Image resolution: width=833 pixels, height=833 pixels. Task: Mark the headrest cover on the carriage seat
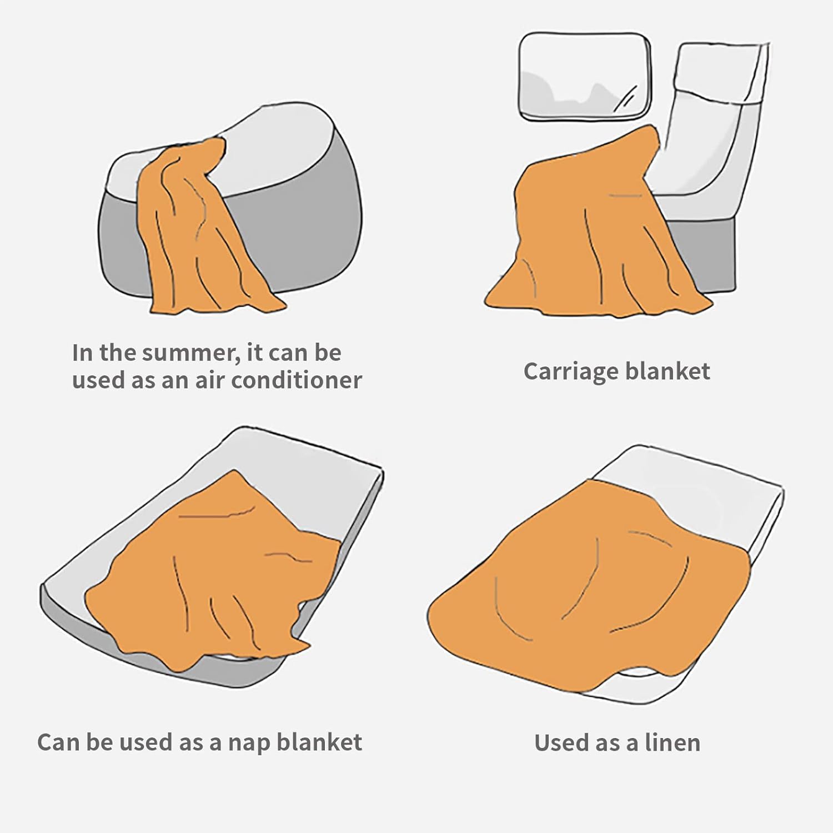click(x=722, y=72)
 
